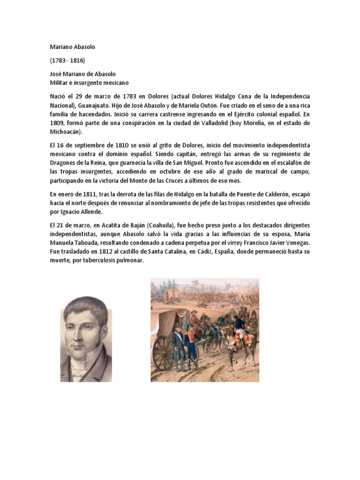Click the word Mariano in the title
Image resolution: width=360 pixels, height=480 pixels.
click(61, 47)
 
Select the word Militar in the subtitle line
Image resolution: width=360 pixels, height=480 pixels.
click(59, 82)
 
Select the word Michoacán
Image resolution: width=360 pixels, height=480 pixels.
click(65, 132)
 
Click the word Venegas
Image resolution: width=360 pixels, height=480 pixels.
click(295, 243)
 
